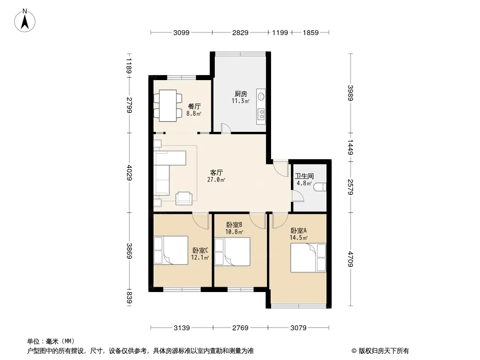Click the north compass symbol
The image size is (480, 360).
(26, 20)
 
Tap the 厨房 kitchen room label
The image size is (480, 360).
(240, 94)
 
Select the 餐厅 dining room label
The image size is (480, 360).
(194, 106)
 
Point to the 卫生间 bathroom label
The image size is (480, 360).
(304, 176)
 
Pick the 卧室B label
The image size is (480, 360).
(235, 225)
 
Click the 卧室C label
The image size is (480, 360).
(200, 251)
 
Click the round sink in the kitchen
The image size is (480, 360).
(261, 96)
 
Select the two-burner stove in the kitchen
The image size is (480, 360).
(261, 116)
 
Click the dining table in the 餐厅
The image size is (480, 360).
(167, 106)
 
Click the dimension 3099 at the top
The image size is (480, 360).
(181, 32)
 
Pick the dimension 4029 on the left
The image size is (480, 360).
(130, 172)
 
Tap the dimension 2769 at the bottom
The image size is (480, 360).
(240, 328)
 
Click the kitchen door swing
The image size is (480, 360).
(226, 128)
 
